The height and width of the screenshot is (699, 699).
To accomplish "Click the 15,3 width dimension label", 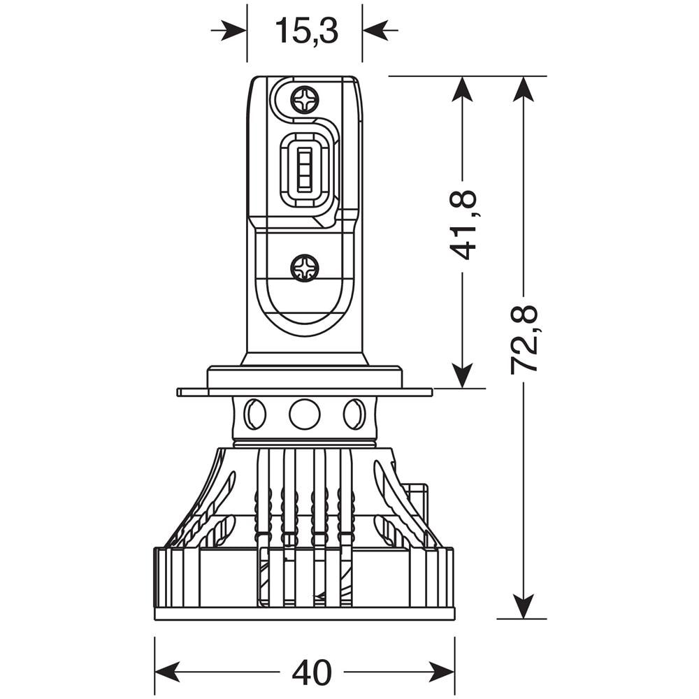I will (305, 31).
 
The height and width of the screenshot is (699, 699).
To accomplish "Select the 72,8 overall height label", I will (524, 339).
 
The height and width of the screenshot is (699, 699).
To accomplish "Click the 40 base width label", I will (311, 672).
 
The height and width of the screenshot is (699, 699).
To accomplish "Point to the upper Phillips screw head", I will (305, 100).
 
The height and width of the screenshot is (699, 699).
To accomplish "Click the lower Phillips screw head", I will (305, 268).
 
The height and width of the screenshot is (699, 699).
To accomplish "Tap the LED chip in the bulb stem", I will (305, 170).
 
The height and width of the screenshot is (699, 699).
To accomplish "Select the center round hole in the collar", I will (305, 415).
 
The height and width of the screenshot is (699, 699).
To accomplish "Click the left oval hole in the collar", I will (255, 415).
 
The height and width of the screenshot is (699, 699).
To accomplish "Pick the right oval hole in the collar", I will (354, 415).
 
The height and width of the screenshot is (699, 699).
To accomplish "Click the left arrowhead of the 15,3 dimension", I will (235, 30).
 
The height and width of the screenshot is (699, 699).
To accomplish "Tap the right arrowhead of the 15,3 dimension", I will (375, 30).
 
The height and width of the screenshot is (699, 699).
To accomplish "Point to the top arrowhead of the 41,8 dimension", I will (462, 89).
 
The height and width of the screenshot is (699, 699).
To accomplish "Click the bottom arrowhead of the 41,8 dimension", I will (462, 375).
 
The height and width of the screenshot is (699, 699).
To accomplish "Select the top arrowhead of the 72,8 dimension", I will (524, 89).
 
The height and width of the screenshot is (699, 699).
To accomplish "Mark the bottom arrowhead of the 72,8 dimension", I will (524, 605).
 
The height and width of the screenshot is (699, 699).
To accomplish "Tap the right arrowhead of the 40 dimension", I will (442, 672).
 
